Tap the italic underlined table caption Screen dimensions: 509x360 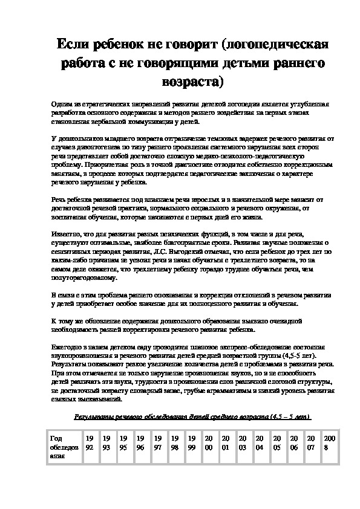(192, 417)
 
